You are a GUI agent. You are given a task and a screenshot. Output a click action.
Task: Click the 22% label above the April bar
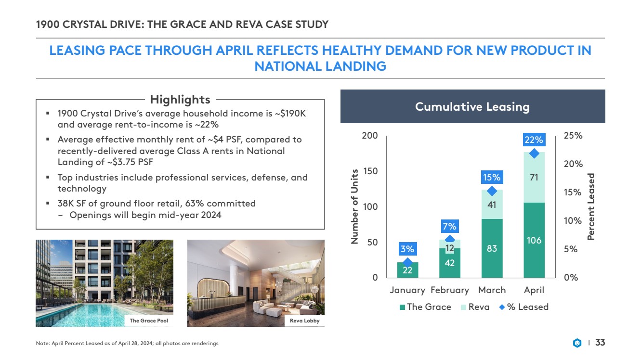[534, 140]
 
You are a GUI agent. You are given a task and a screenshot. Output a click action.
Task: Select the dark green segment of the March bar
[492, 248]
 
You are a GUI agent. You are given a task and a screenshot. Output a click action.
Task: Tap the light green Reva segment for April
[534, 177]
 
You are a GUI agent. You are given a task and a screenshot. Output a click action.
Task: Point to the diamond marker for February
[450, 239]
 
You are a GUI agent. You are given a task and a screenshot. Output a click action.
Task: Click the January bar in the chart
[407, 270]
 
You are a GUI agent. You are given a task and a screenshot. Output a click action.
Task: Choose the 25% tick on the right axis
[573, 136]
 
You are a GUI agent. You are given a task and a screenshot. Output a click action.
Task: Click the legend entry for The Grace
[425, 307]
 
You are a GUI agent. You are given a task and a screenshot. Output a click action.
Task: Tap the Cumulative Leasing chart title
[472, 106]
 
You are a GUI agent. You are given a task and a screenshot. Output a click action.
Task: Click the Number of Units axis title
[355, 206]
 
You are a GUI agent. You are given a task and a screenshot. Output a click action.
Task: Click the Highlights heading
[180, 100]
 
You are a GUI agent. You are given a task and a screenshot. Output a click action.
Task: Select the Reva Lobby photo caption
[304, 321]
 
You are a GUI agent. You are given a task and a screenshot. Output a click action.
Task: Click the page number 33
[600, 343]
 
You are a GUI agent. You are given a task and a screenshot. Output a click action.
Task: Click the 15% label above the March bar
[492, 178]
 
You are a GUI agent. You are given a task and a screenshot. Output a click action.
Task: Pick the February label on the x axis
[450, 290]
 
